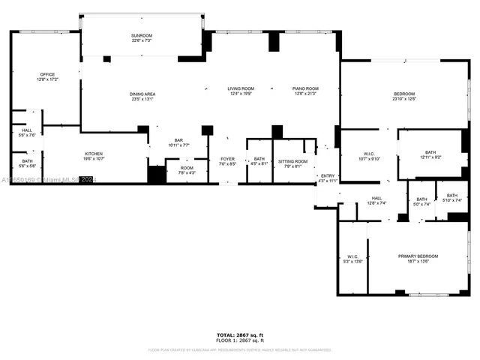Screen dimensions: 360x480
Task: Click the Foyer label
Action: point(227,160)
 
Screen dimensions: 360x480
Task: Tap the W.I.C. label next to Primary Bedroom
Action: point(352,259)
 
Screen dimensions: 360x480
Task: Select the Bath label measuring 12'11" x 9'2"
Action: point(430,154)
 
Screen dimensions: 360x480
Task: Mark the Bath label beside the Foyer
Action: point(259,160)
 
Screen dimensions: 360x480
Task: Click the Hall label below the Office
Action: point(26,133)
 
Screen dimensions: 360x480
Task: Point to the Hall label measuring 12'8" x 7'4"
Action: point(376,200)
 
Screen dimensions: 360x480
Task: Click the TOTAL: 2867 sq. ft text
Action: point(240,334)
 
